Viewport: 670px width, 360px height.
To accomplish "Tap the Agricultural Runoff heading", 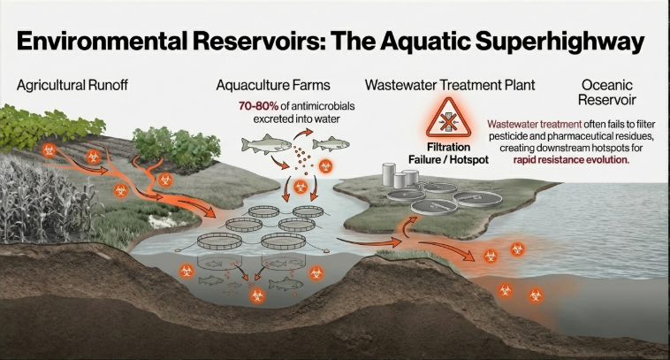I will click(72, 86).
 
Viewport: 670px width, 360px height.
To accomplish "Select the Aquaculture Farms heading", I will click(275, 86).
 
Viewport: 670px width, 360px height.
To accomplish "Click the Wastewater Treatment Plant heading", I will click(461, 86).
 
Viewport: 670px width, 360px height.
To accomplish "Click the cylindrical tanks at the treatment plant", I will click(399, 176).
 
